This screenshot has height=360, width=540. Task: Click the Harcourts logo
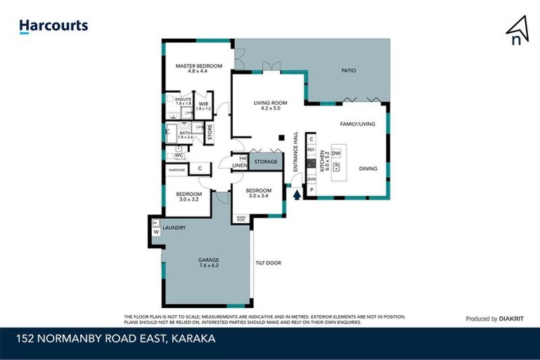coord(53,26)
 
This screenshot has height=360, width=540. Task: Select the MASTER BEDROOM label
coord(199,68)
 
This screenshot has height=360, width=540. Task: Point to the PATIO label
coord(349,70)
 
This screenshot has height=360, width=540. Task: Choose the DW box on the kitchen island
coord(336,153)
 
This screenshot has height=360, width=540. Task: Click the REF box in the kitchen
coord(311,150)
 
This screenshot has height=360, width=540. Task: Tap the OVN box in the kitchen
coord(311,179)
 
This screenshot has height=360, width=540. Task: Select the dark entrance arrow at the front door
coord(296,195)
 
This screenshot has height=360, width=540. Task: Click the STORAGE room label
coord(266,162)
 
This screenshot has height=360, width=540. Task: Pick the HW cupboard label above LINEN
coord(243,158)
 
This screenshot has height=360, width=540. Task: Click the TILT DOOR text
coord(269,263)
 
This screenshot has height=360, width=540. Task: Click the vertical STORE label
coord(209,132)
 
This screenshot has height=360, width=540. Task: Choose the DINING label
coord(368,169)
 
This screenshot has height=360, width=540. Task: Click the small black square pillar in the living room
coord(281,137)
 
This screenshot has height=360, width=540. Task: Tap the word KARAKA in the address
coord(189,338)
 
